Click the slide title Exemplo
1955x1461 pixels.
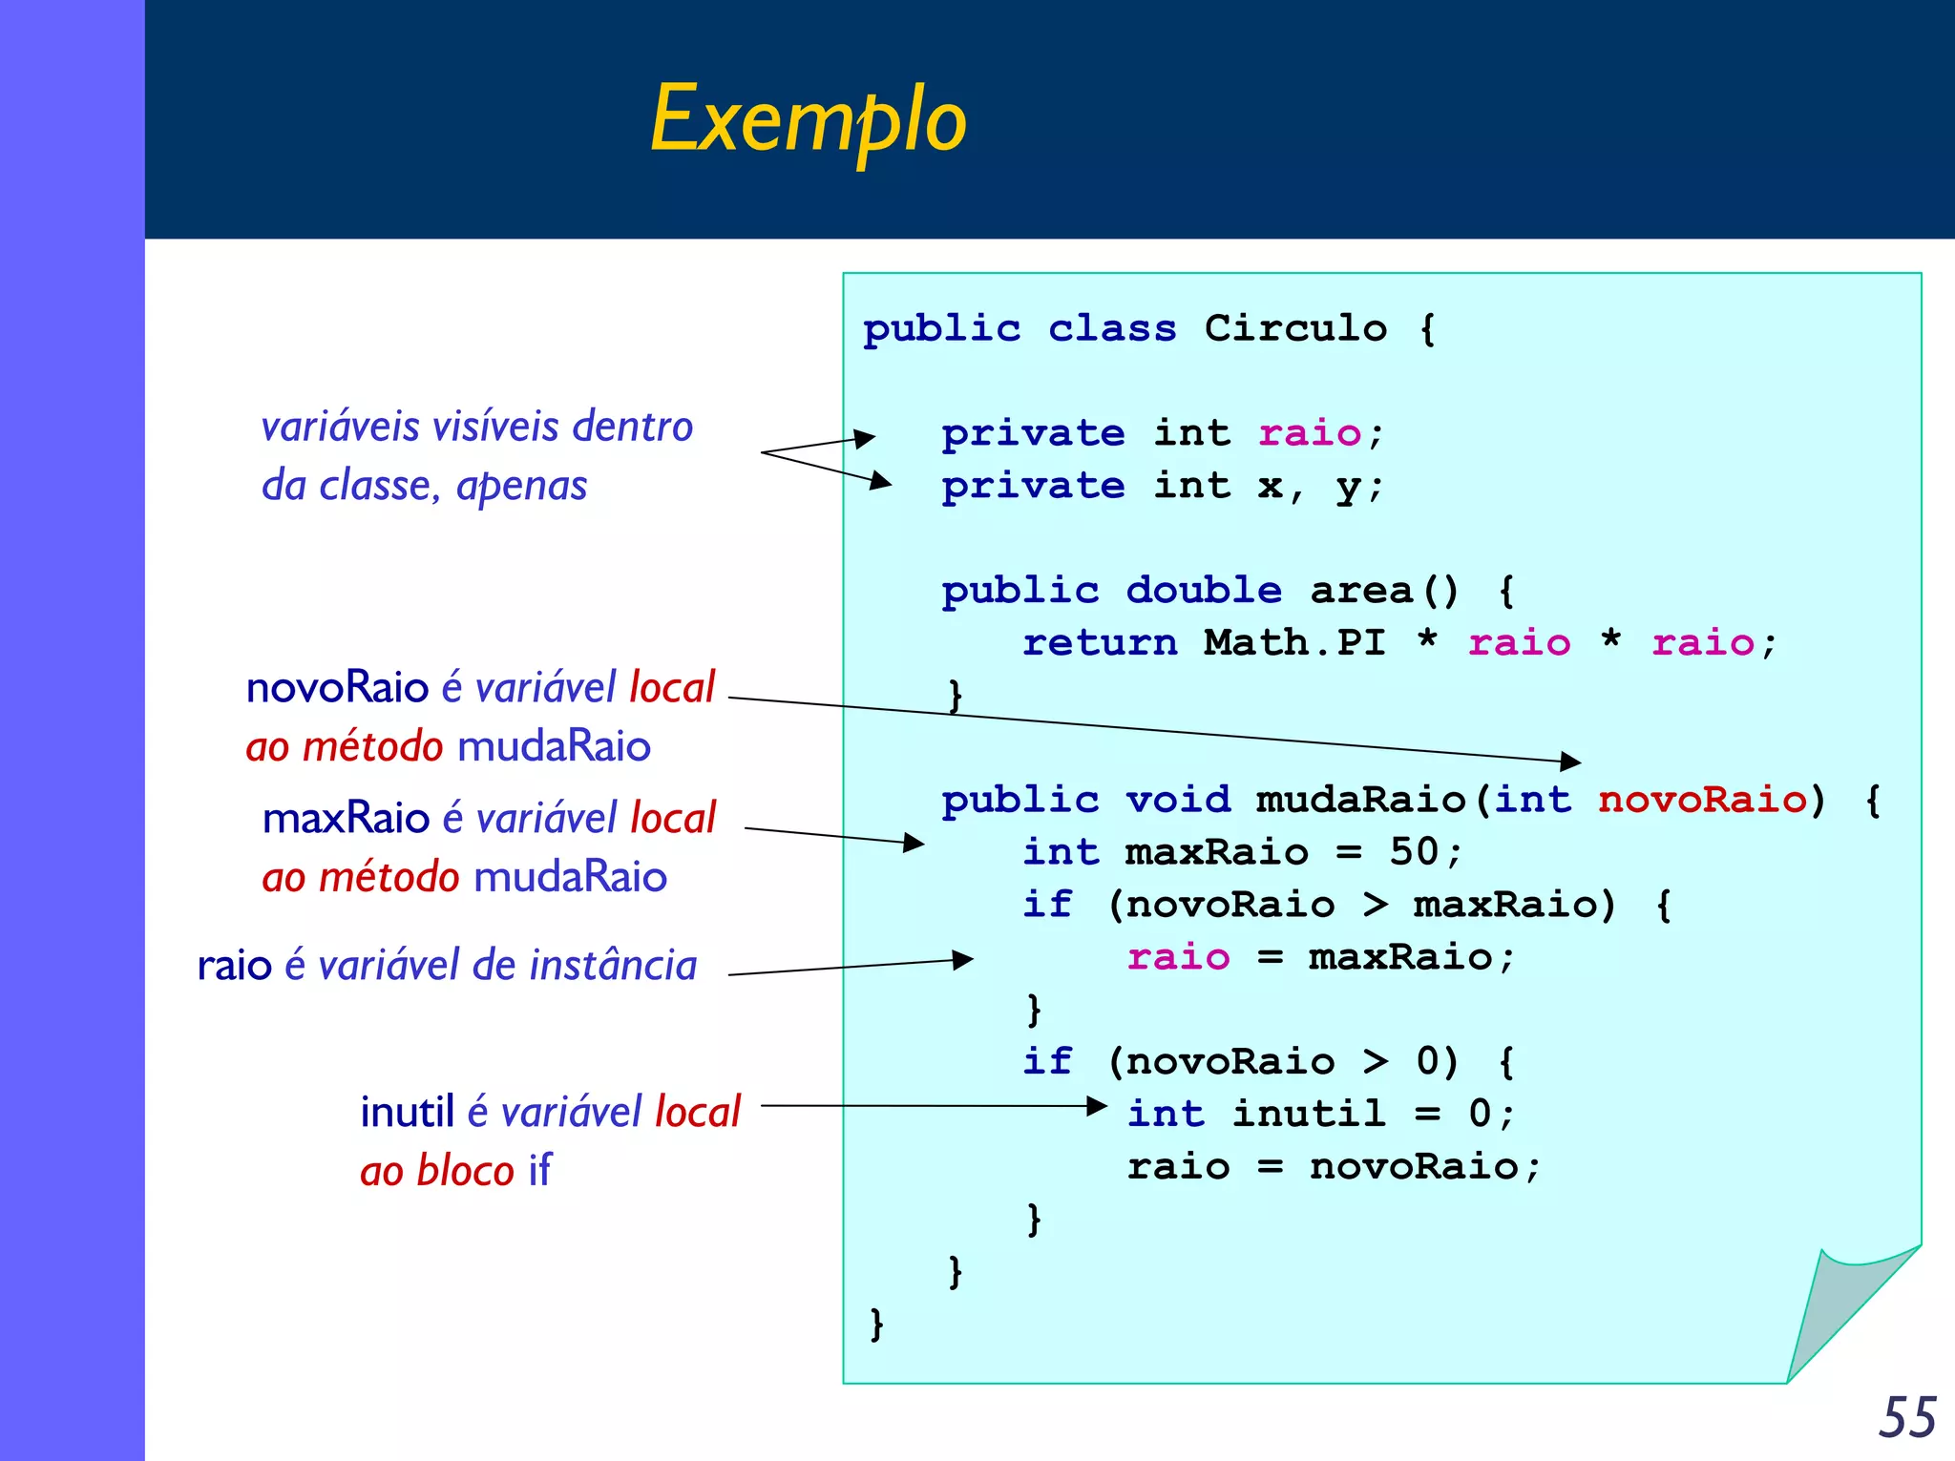(808, 119)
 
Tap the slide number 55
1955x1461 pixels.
(1906, 1417)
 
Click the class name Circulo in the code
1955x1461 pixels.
(1295, 328)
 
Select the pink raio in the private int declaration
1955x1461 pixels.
(1310, 433)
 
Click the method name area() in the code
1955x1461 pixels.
(1384, 591)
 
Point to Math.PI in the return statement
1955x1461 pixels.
(1294, 642)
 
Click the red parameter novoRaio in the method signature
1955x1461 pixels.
(1702, 800)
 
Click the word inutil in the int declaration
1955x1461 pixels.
(1308, 1114)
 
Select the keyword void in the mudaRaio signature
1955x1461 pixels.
(1178, 800)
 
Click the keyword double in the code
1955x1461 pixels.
(1204, 591)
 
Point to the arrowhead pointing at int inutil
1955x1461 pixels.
(1097, 1106)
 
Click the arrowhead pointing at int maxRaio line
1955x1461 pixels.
(914, 843)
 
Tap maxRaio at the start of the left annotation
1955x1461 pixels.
(346, 818)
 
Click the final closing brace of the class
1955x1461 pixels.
(876, 1324)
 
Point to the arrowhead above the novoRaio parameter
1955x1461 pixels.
(1570, 761)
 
